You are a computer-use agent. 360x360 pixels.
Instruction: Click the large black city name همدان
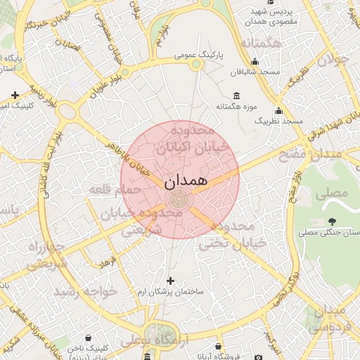click(x=186, y=181)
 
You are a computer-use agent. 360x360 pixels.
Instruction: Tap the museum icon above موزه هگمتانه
click(x=236, y=96)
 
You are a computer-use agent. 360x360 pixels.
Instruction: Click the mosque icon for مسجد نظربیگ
click(x=279, y=111)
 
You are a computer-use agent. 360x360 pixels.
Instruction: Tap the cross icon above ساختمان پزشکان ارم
click(x=169, y=281)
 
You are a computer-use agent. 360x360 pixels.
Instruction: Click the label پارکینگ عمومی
click(x=199, y=54)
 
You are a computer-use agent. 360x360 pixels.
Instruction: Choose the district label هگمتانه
click(x=261, y=44)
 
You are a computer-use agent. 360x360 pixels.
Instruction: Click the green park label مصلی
click(x=334, y=191)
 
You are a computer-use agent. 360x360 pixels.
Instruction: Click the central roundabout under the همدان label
click(x=180, y=199)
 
